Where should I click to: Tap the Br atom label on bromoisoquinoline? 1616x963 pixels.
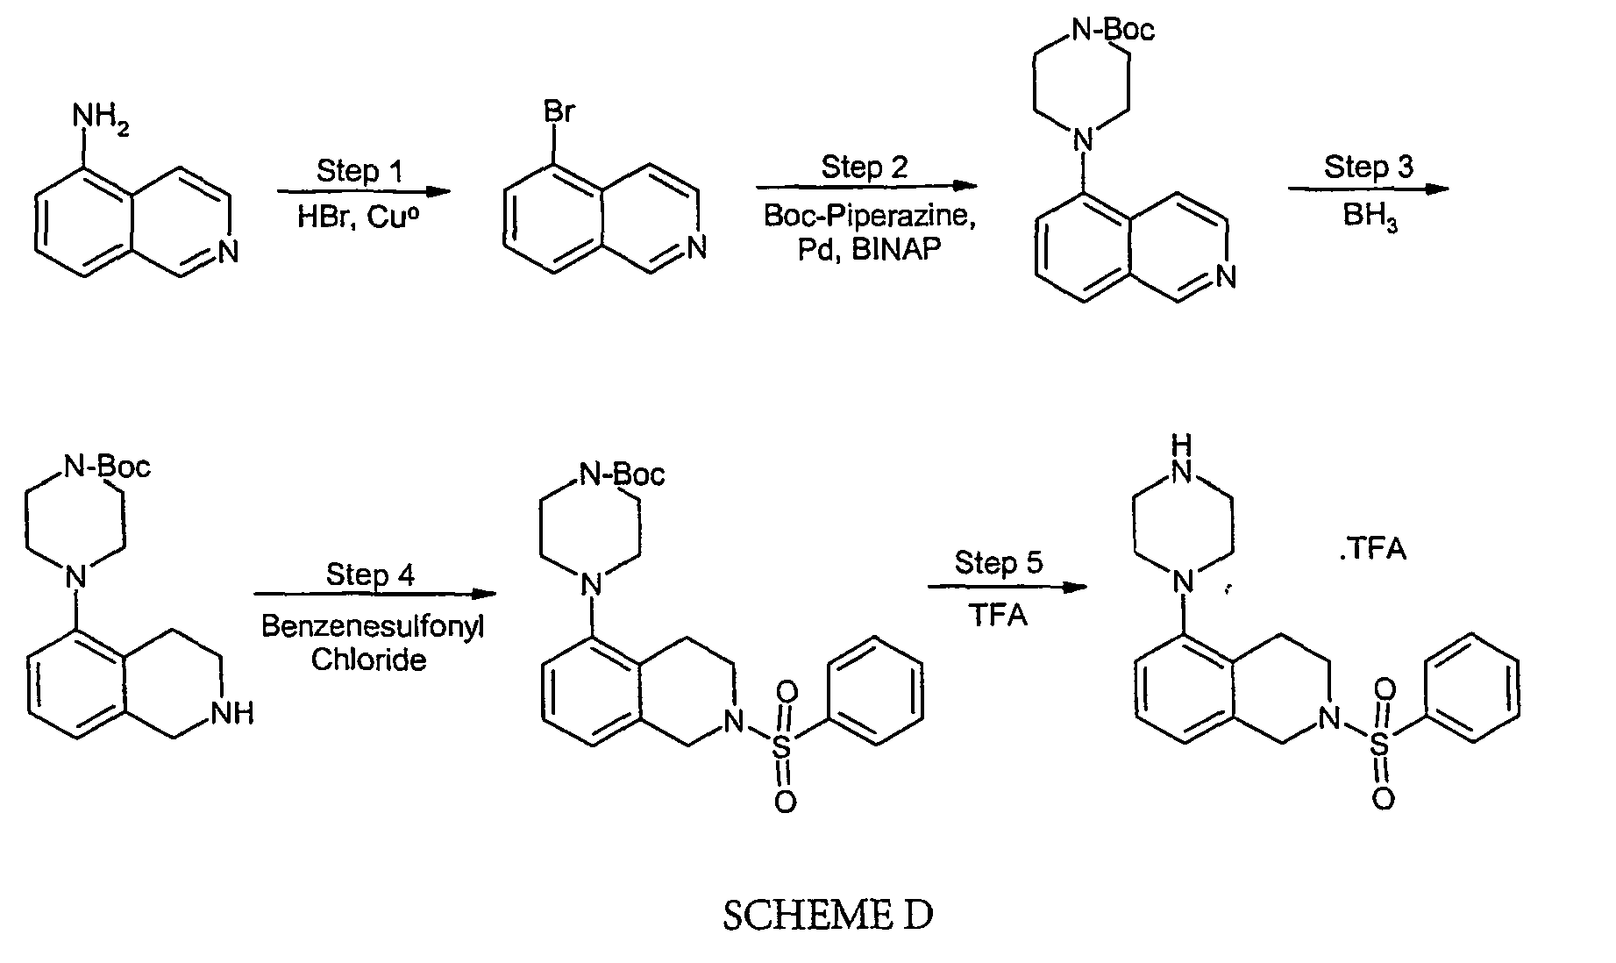pos(559,113)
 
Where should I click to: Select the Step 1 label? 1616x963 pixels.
pos(360,170)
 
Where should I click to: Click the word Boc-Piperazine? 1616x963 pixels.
pos(867,215)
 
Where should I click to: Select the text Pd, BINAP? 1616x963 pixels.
pos(868,248)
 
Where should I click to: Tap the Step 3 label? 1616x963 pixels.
pos(1368,167)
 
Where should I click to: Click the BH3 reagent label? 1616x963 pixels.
pos(1370,217)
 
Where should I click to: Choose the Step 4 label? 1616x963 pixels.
pos(370,574)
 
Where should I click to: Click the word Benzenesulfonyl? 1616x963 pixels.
pos(373,626)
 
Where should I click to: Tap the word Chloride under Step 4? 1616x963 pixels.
pos(368,659)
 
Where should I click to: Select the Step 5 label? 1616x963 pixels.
pos(999,561)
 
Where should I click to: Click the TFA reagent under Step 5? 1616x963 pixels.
pos(999,615)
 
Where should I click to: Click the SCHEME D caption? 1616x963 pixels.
pos(827,916)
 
